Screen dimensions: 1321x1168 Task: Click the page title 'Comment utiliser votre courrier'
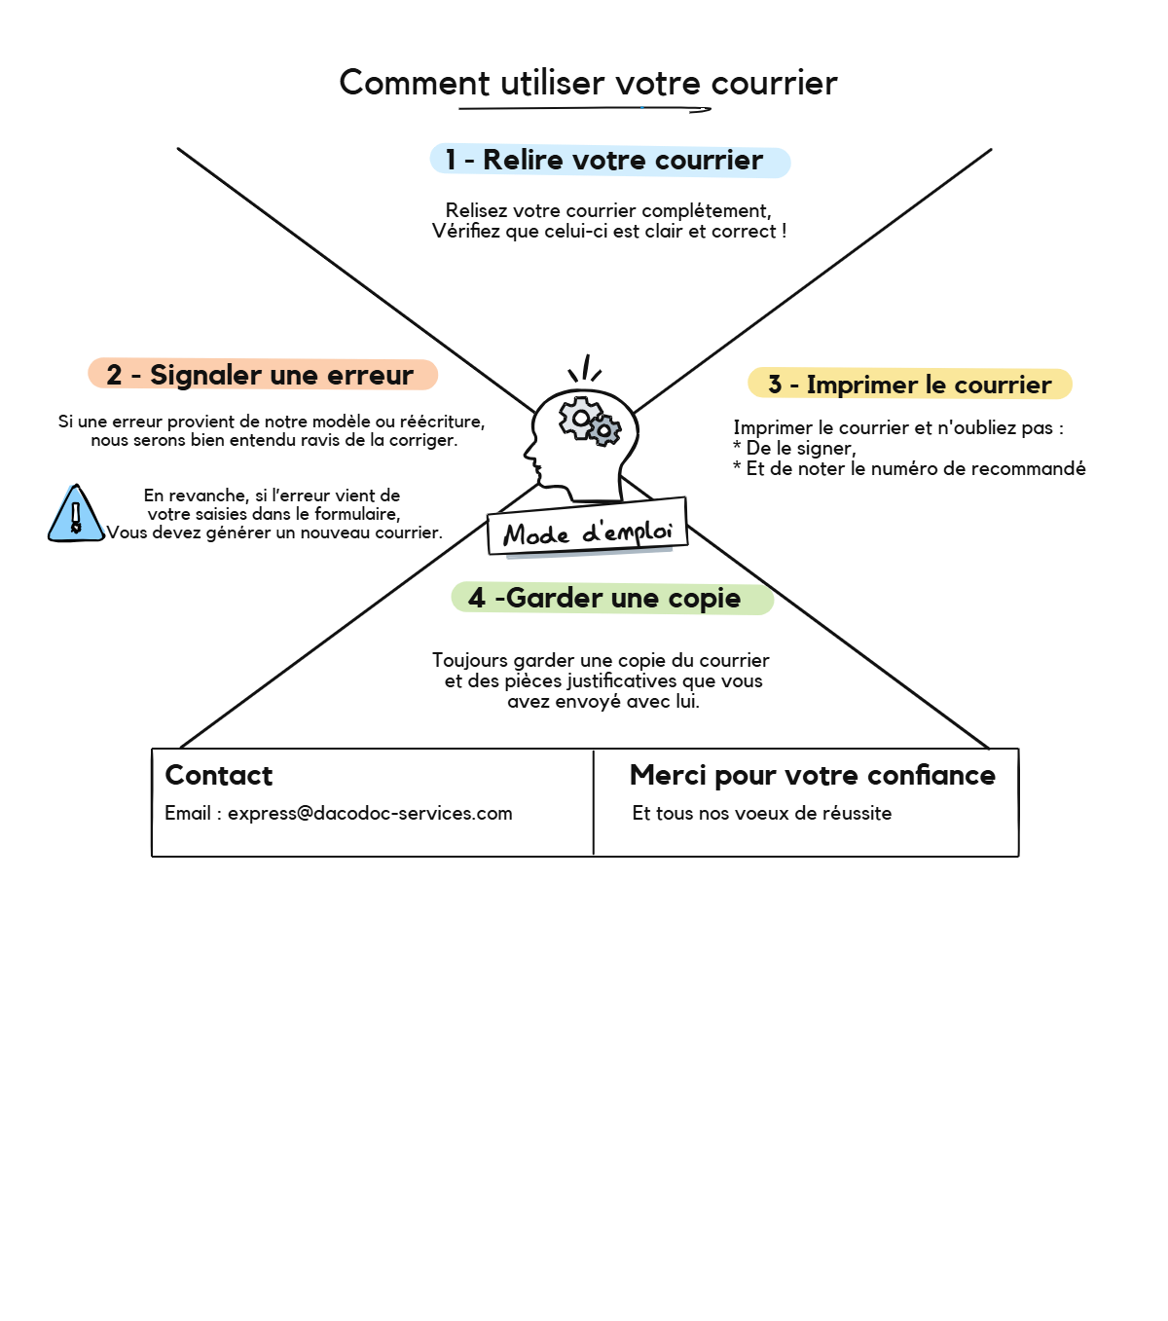[x=588, y=83]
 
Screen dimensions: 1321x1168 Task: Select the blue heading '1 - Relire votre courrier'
[x=609, y=161]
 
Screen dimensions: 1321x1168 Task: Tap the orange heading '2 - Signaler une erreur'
[x=263, y=375]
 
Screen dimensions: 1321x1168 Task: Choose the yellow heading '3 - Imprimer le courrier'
[x=909, y=385]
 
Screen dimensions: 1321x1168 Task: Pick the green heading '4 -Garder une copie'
[x=611, y=598]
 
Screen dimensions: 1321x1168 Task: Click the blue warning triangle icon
[x=75, y=514]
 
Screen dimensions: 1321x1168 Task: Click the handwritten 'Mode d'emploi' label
[x=587, y=532]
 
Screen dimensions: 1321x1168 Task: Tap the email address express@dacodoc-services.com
[x=370, y=813]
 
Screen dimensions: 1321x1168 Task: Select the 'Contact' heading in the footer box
[x=218, y=775]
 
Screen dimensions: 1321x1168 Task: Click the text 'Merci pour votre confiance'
[x=812, y=775]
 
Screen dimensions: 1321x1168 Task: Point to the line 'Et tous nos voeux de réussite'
[x=761, y=813]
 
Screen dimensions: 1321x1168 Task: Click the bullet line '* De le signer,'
[x=794, y=448]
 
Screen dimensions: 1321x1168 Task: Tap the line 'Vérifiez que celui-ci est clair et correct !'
[x=609, y=232]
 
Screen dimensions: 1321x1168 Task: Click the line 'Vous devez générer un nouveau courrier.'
[x=274, y=532]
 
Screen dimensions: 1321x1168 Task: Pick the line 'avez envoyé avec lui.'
[x=602, y=701]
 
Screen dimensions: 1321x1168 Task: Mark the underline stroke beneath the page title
[x=584, y=109]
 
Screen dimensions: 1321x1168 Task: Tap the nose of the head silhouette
[x=529, y=453]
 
